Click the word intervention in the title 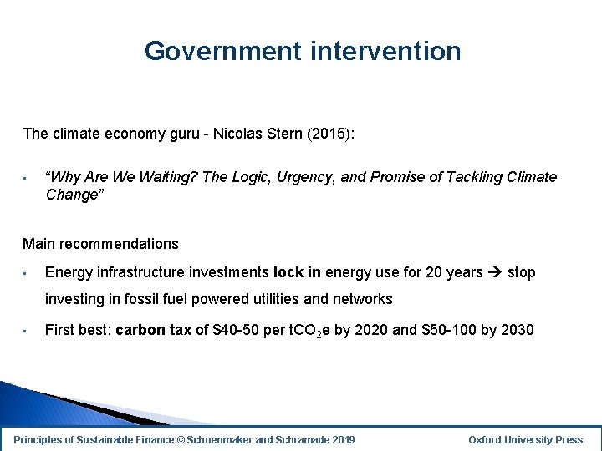point(385,51)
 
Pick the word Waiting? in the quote point(173,177)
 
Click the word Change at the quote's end point(72,195)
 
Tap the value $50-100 point(449,330)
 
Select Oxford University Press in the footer point(525,439)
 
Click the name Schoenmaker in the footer point(229,439)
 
